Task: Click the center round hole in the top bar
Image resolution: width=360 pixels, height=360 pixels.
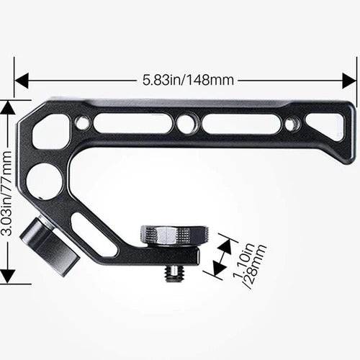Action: tap(186, 123)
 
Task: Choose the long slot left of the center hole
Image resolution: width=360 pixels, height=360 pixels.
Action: tap(132, 123)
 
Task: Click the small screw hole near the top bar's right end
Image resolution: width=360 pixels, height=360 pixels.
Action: tap(291, 124)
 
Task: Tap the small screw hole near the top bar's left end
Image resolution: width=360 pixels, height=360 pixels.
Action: tap(82, 123)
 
